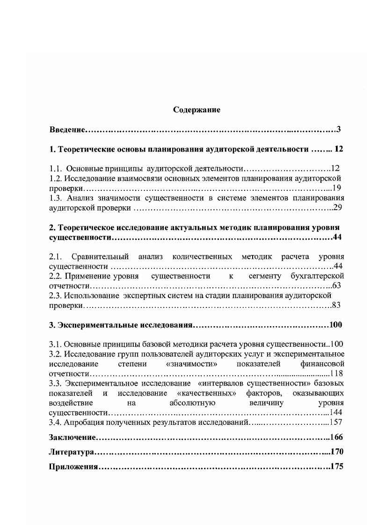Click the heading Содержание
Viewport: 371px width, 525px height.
196,110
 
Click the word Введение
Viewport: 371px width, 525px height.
66,129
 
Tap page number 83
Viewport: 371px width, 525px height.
337,306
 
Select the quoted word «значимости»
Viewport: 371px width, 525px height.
186,364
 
